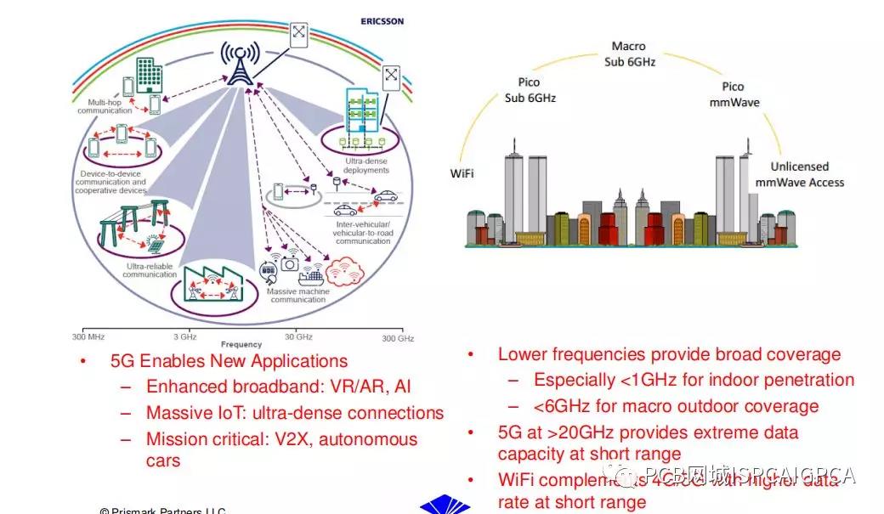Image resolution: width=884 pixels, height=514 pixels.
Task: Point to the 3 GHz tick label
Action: coord(185,336)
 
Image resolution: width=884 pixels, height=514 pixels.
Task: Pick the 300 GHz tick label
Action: coord(397,338)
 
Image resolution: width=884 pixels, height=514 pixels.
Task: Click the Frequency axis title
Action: coord(241,345)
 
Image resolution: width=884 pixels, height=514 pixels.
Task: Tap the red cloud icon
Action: coord(344,272)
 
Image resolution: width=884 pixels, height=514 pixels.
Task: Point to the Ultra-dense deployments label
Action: coord(366,164)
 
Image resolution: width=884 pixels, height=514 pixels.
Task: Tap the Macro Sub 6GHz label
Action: coord(629,54)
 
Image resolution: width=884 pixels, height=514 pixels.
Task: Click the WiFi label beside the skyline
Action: coord(462,174)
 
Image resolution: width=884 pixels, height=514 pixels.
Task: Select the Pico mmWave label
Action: coord(733,93)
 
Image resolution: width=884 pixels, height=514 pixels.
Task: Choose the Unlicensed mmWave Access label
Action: coord(800,174)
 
